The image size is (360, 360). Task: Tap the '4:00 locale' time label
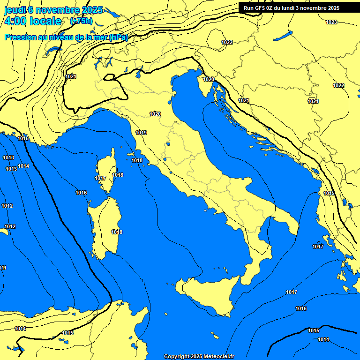(x=33, y=21)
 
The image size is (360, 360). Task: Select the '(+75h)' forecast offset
(x=81, y=21)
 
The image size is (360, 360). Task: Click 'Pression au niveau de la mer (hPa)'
(x=66, y=37)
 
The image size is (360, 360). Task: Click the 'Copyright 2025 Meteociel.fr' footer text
(x=199, y=356)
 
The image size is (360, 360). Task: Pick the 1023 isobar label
(x=331, y=22)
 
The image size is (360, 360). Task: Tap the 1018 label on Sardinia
(x=117, y=232)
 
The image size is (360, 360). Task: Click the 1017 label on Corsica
(x=100, y=178)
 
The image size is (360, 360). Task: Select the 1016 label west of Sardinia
(x=81, y=193)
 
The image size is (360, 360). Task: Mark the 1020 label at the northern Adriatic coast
(x=209, y=79)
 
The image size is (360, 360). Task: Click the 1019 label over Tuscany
(x=141, y=133)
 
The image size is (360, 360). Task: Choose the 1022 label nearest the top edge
(x=227, y=42)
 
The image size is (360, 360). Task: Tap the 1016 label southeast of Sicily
(x=301, y=308)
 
